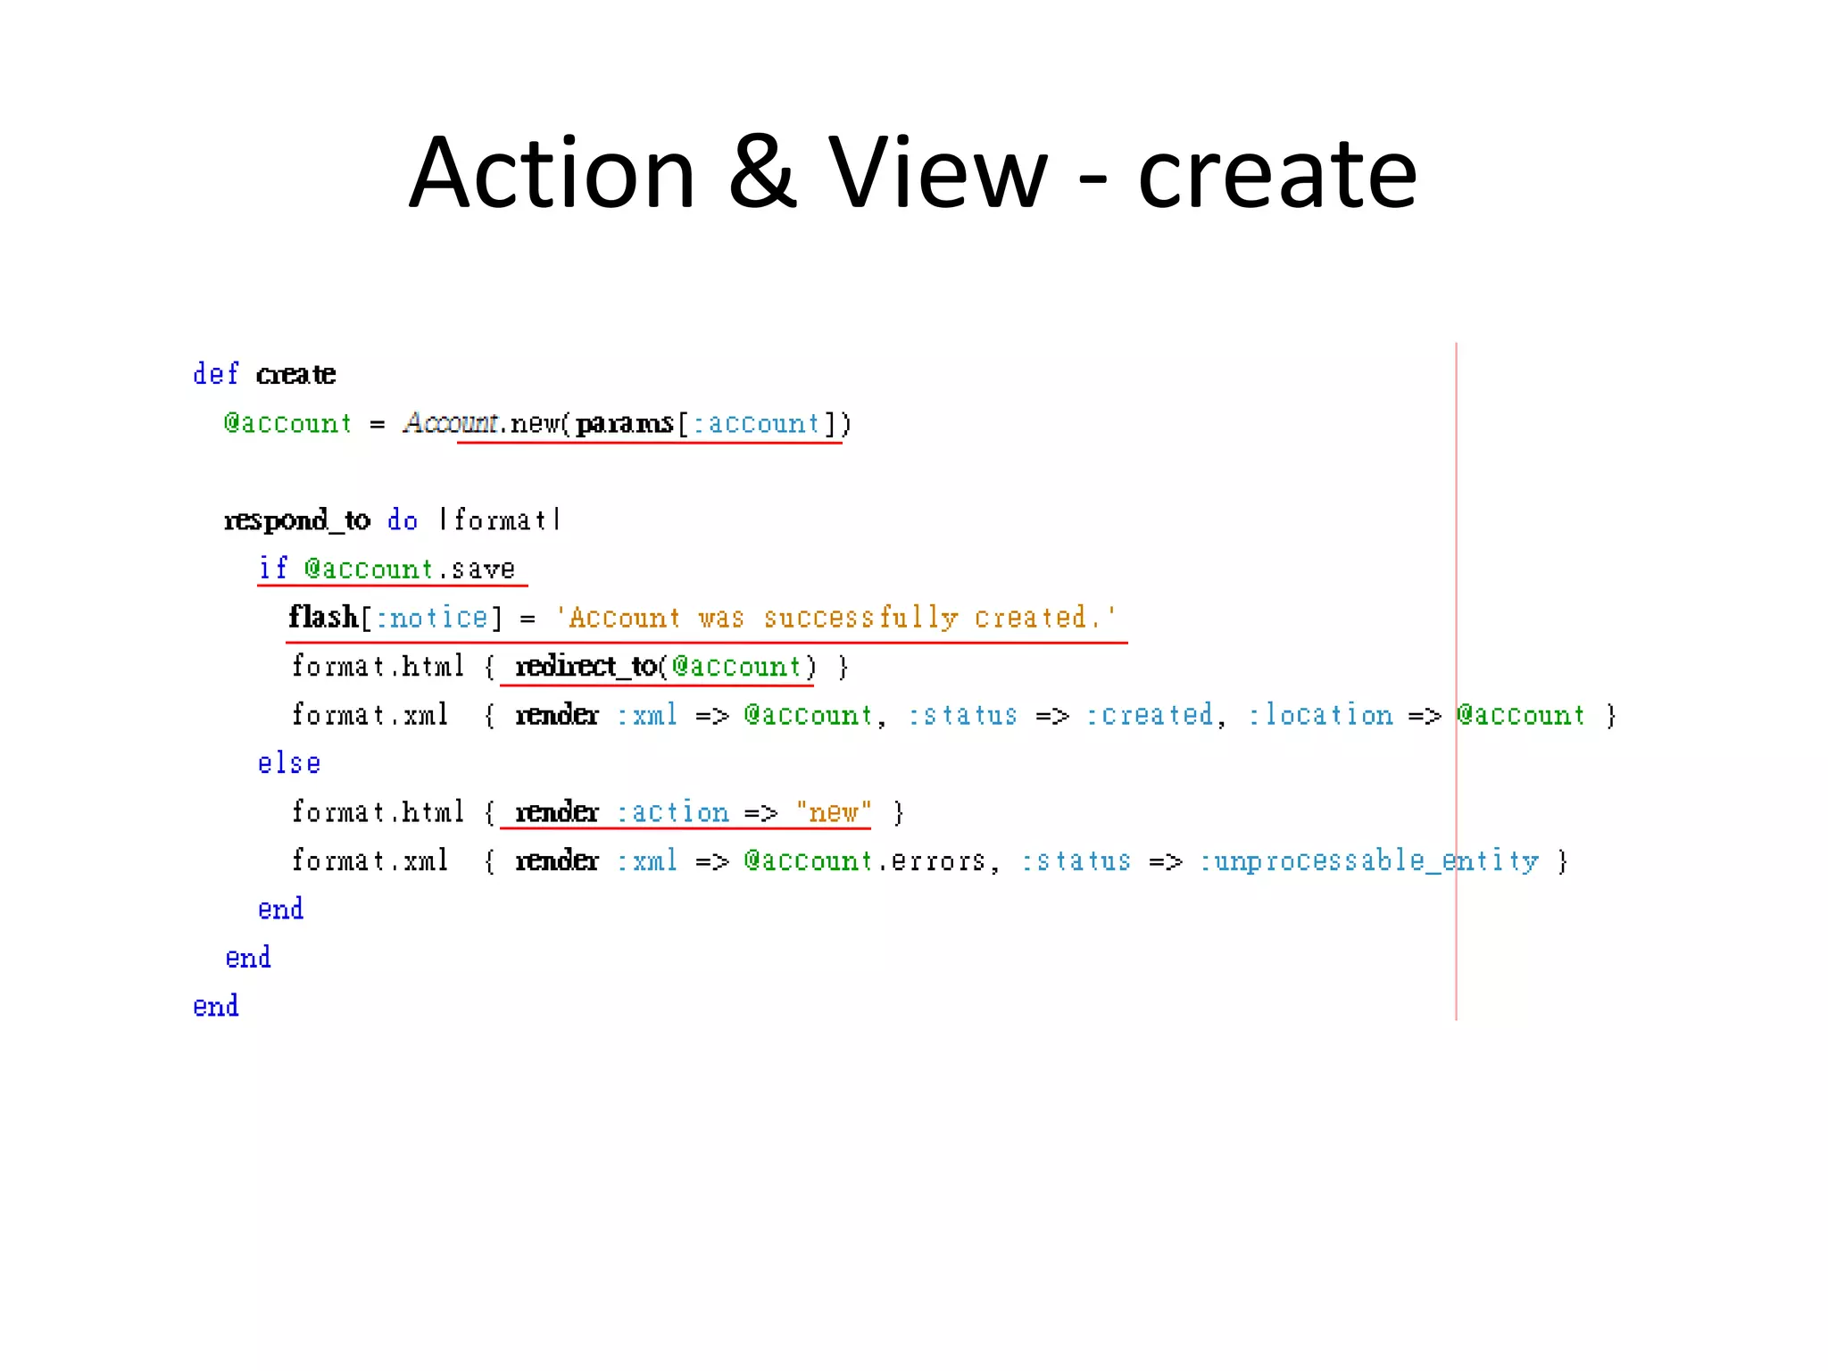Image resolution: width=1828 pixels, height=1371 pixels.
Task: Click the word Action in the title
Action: click(x=552, y=173)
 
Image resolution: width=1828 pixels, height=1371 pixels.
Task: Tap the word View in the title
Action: click(x=937, y=173)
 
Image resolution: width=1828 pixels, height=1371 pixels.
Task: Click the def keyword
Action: click(x=215, y=374)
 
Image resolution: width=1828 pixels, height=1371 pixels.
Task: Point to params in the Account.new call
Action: click(x=624, y=423)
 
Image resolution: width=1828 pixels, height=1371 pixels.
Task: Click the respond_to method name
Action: click(x=296, y=520)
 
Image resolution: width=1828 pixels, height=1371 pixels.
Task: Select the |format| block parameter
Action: click(x=500, y=520)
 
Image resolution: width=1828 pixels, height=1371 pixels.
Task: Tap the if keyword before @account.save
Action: click(x=272, y=569)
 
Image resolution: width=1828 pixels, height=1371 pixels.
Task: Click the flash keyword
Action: click(x=322, y=618)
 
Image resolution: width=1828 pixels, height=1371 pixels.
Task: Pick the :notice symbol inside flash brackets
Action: click(x=431, y=618)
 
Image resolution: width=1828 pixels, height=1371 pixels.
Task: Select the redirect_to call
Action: click(x=586, y=667)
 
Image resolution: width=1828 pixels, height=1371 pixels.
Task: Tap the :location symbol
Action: click(x=1320, y=715)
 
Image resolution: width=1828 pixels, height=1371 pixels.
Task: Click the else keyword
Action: click(x=288, y=764)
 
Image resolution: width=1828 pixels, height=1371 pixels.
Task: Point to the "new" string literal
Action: click(x=834, y=812)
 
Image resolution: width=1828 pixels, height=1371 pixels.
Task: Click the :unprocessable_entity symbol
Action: click(x=1369, y=861)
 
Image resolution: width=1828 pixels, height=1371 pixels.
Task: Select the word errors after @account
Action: click(x=937, y=861)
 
